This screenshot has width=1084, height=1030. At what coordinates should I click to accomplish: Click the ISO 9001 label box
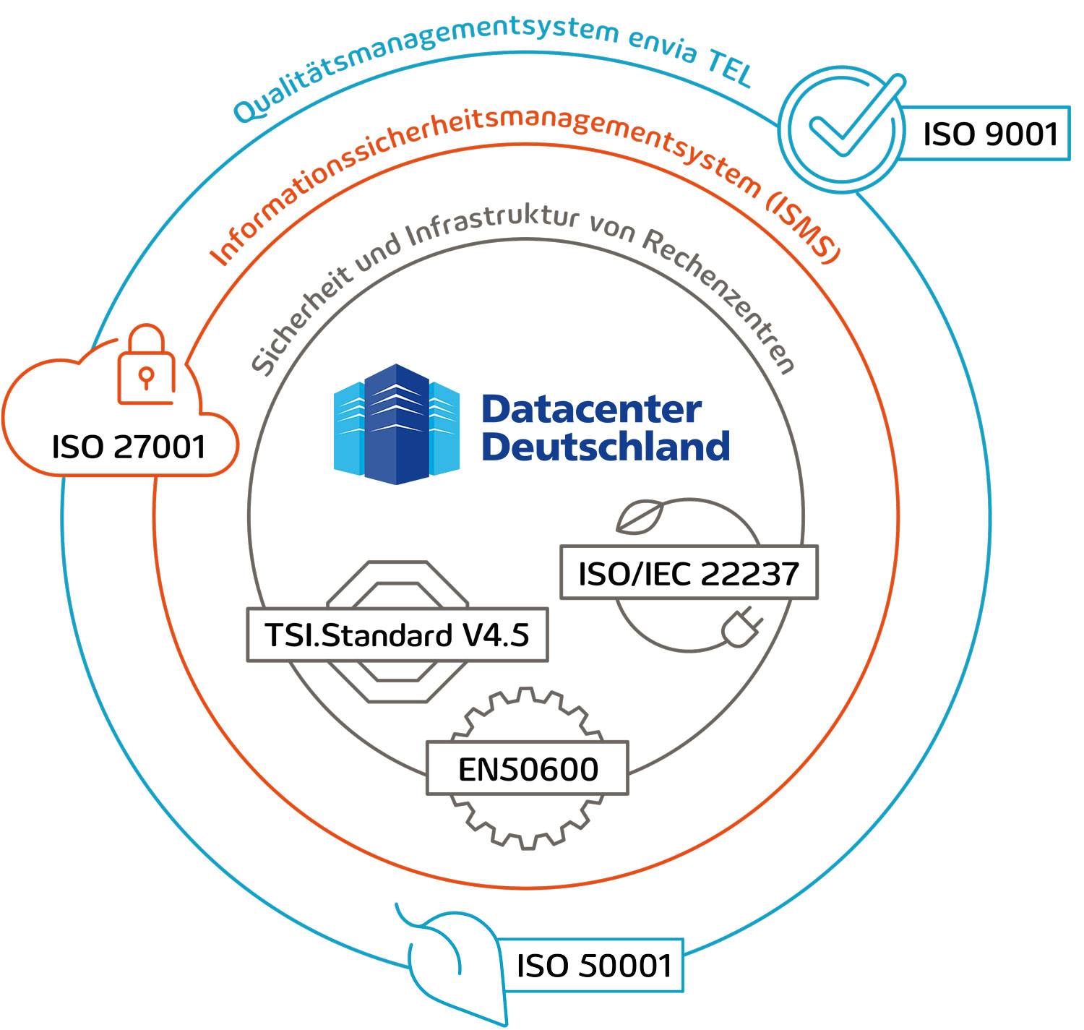[989, 134]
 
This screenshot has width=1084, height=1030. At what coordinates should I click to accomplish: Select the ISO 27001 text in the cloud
[129, 447]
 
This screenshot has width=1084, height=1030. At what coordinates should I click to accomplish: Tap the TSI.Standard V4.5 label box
[397, 635]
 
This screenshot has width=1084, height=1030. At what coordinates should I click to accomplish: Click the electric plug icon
[741, 627]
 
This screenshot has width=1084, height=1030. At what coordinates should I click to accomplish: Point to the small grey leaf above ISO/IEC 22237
[640, 518]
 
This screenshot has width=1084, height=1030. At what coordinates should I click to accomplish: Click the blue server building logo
[396, 424]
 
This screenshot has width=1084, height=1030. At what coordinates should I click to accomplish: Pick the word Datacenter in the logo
[591, 409]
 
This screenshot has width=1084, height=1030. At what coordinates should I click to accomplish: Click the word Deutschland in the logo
[606, 447]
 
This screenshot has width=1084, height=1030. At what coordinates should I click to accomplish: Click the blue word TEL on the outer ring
[730, 69]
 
